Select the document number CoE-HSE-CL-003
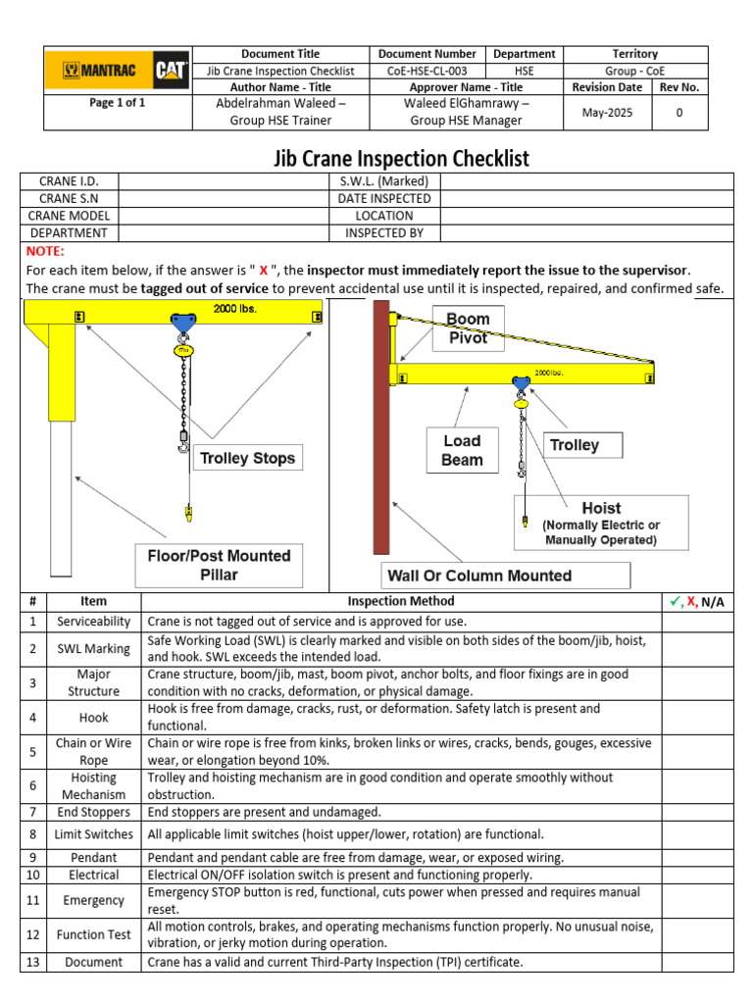tap(427, 71)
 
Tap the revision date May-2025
tap(608, 113)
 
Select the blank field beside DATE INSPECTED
tap(586, 198)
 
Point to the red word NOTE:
tap(44, 252)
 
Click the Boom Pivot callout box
tap(468, 328)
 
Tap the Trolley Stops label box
tap(247, 458)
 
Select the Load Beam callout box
tap(462, 450)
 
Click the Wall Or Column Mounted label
tap(479, 576)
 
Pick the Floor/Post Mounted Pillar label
tap(212, 565)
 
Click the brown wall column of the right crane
tap(380, 431)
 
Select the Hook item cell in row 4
tap(94, 717)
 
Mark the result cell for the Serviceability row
tap(697, 622)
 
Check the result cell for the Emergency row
tap(697, 900)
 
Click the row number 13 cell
tap(32, 962)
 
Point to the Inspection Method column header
tap(401, 601)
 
